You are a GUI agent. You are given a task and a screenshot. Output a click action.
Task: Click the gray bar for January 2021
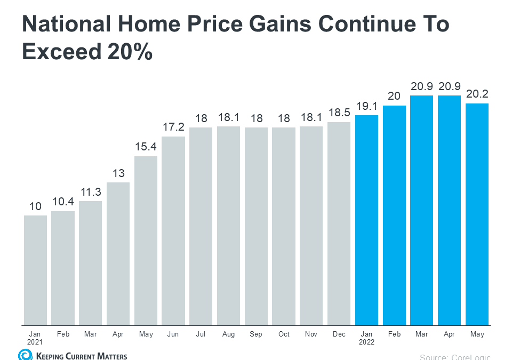tap(35, 270)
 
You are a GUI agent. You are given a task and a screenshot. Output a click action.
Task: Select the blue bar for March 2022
tap(422, 210)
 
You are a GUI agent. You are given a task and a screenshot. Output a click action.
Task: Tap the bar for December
tap(339, 223)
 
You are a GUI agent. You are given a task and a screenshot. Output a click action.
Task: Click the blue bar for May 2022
tap(477, 214)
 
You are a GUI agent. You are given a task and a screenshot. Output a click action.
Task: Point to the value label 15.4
tap(146, 146)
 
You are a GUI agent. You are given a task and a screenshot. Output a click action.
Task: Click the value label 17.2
tap(173, 126)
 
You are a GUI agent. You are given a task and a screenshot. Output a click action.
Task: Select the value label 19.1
tap(367, 105)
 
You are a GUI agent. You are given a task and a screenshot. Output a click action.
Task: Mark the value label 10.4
tap(63, 201)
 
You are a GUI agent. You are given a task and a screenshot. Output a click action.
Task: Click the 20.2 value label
tap(477, 93)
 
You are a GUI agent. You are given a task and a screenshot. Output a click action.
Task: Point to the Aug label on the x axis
tap(229, 334)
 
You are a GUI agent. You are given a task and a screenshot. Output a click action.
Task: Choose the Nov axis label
tap(311, 334)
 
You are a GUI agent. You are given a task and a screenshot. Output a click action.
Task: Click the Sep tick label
tap(256, 334)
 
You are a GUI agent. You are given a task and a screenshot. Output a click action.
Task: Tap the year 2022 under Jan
tap(367, 342)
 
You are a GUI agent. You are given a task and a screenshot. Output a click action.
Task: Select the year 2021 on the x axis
tap(35, 342)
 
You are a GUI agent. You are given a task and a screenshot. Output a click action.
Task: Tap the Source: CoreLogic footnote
tap(455, 357)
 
